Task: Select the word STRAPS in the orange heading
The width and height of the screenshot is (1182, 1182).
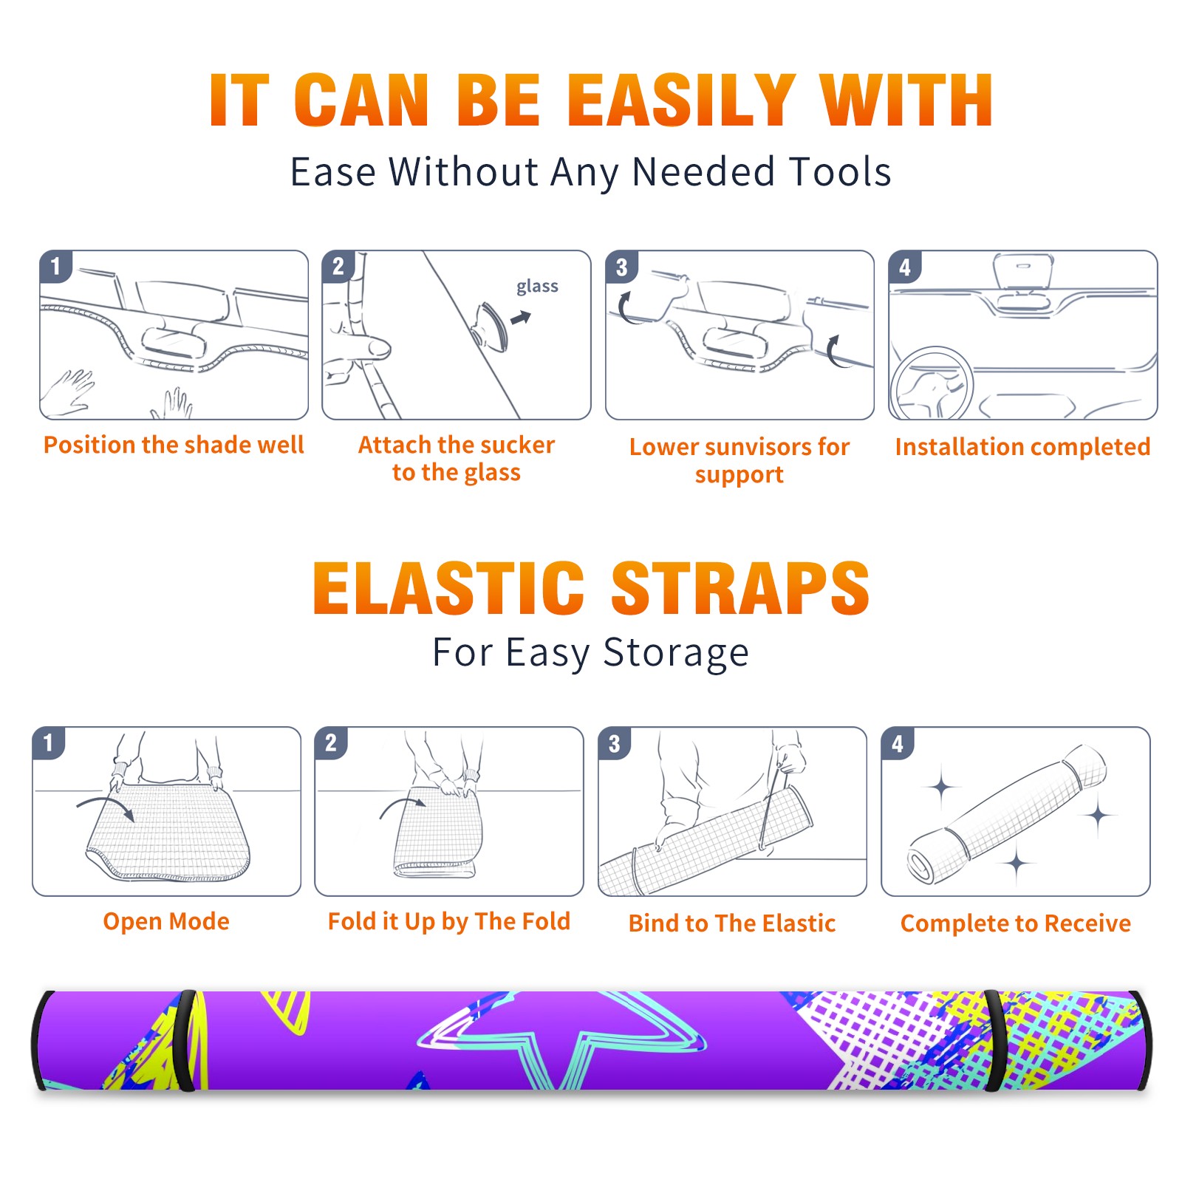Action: pos(740,588)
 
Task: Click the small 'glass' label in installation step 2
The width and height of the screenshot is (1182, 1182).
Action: pos(537,287)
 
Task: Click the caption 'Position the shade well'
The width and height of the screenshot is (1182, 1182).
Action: pos(174,445)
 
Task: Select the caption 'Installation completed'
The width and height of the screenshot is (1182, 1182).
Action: pos(1022,447)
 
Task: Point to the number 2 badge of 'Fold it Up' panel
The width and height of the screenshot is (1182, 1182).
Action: pos(331,743)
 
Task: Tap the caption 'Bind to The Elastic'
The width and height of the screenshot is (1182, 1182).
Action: pos(732,923)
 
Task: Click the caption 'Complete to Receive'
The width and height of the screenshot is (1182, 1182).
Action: pos(1016,923)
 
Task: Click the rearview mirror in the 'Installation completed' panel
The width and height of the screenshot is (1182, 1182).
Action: pos(1022,272)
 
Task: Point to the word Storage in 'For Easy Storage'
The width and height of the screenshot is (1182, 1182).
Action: pos(676,653)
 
